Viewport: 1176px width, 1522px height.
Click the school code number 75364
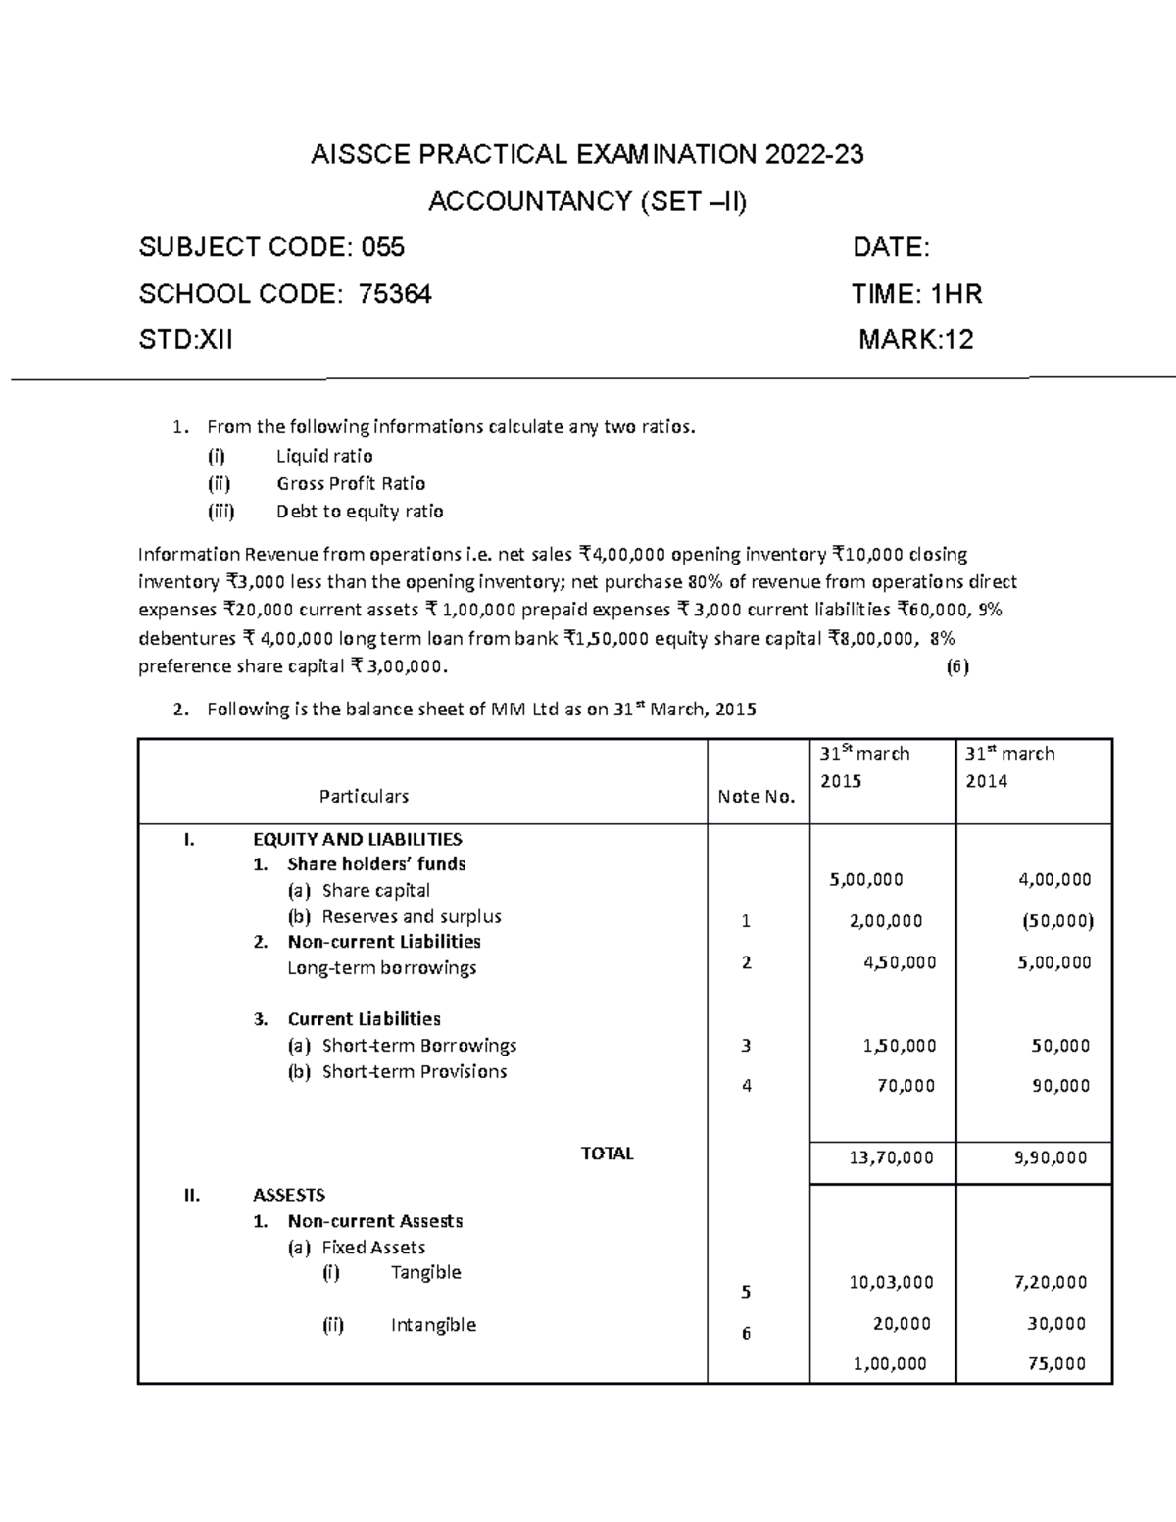click(395, 294)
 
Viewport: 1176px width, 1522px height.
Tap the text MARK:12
click(915, 340)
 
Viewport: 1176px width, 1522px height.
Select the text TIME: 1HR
click(916, 294)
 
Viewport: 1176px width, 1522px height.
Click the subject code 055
click(383, 247)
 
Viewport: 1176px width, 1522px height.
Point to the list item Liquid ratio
click(323, 456)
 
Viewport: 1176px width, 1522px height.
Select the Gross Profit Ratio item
click(350, 483)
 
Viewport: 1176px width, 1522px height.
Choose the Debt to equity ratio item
click(359, 512)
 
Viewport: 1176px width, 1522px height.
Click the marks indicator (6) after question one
click(956, 667)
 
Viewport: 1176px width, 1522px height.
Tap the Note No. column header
click(756, 796)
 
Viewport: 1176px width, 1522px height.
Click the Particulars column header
click(364, 796)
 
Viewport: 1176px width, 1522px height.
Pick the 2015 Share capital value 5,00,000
click(866, 879)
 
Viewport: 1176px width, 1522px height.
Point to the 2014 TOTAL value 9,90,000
click(1050, 1157)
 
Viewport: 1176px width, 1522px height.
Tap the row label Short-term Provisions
click(414, 1071)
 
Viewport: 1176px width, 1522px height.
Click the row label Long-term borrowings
click(381, 967)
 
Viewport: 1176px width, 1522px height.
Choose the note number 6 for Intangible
click(746, 1333)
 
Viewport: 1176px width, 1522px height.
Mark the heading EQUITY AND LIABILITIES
click(357, 839)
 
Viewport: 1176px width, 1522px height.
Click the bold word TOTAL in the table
click(607, 1154)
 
